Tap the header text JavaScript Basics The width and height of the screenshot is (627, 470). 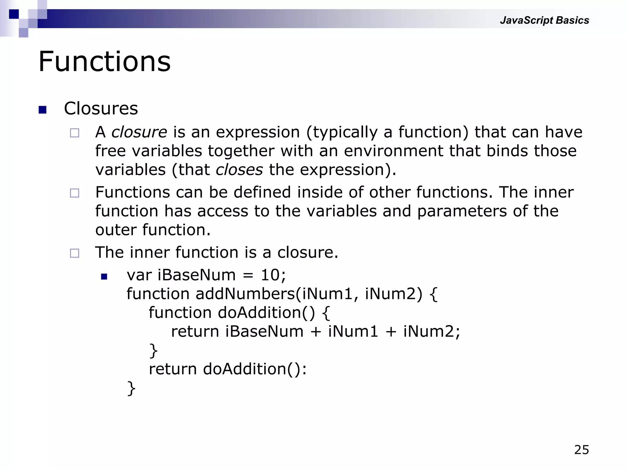pyautogui.click(x=544, y=20)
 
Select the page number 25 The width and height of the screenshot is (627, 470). pyautogui.click(x=581, y=450)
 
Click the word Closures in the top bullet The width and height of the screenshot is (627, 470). pyautogui.click(x=101, y=109)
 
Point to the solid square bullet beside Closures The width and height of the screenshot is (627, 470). pyautogui.click(x=43, y=110)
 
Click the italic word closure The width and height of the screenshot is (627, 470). pyautogui.click(x=139, y=132)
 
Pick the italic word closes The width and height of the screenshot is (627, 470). pyautogui.click(x=239, y=170)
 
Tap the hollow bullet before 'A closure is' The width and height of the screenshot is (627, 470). pyautogui.click(x=74, y=133)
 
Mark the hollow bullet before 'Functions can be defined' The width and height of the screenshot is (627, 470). pyautogui.click(x=74, y=193)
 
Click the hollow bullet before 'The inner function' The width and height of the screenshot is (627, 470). pyautogui.click(x=74, y=253)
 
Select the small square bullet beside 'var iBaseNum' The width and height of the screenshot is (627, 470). pyautogui.click(x=104, y=277)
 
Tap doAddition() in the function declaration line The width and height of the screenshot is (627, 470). pyautogui.click(x=266, y=313)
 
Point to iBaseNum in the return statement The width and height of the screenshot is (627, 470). pyautogui.click(x=264, y=332)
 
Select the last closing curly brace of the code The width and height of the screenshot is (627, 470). pyautogui.click(x=131, y=389)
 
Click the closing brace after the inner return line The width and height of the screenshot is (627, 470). pyautogui.click(x=153, y=351)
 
